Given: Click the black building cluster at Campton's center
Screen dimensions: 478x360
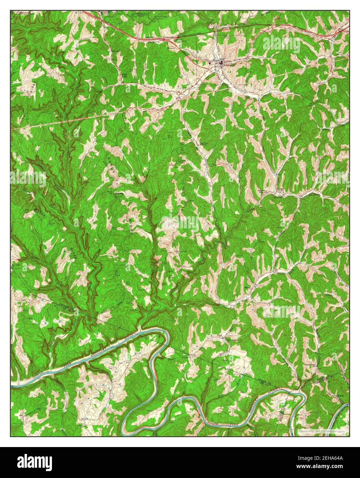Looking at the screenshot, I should [221, 63].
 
